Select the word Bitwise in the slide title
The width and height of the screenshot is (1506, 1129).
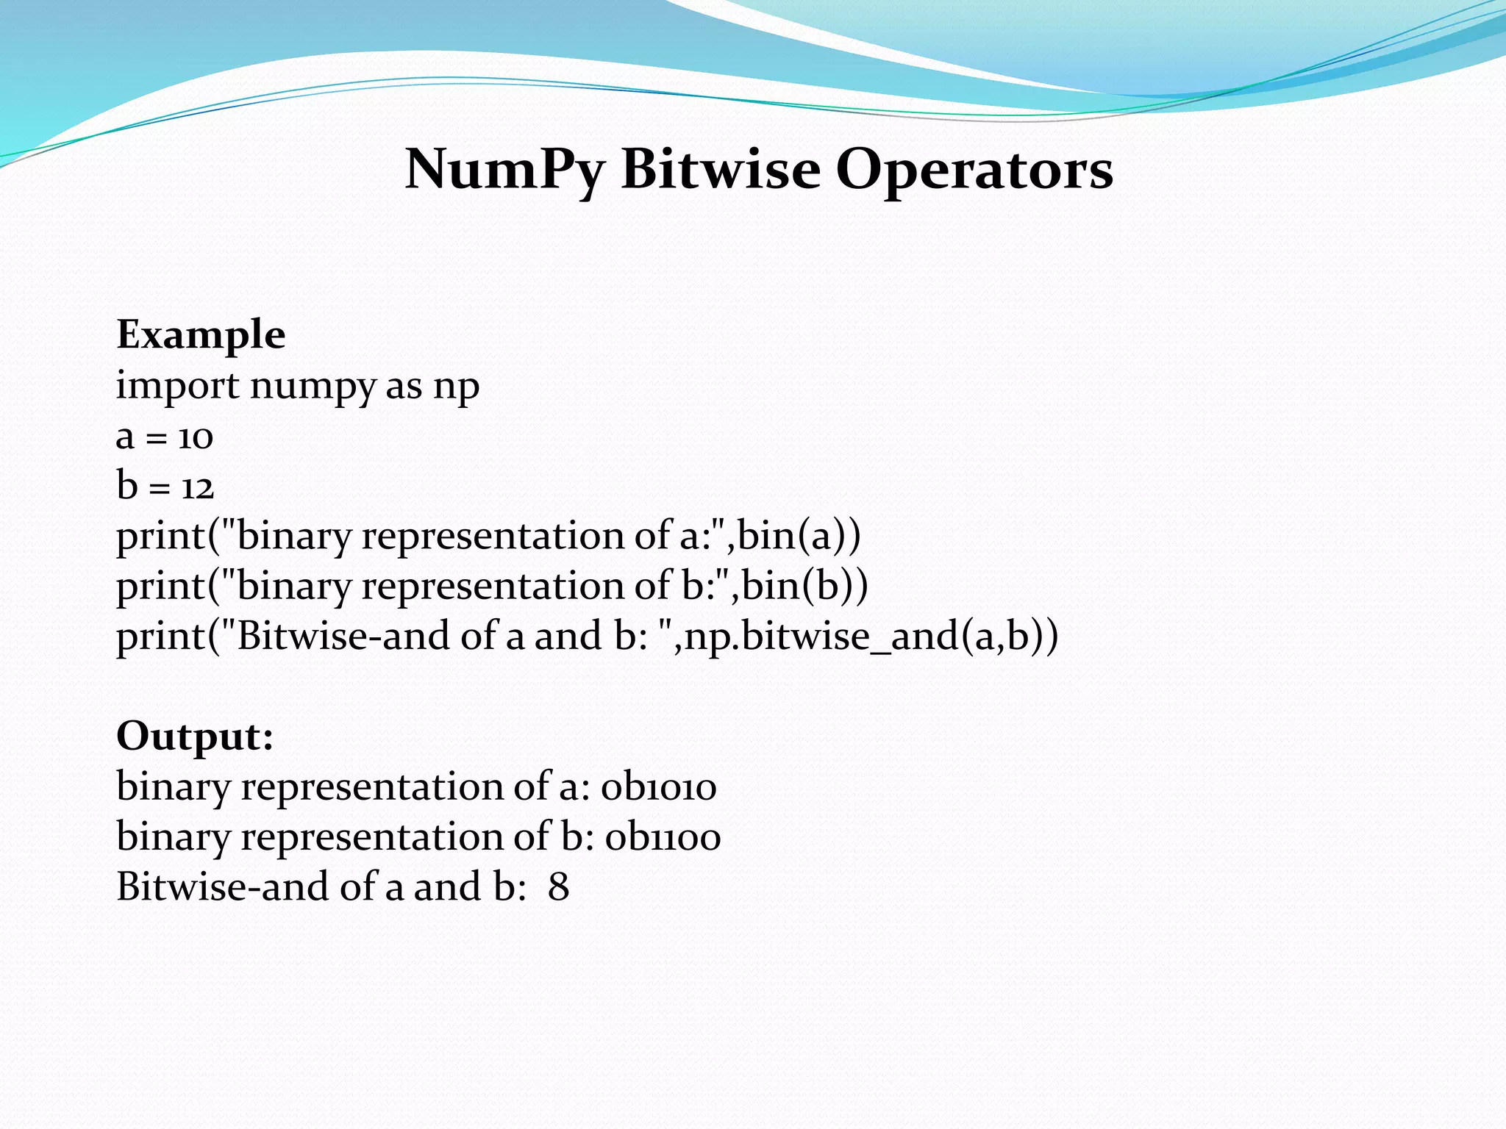click(x=721, y=169)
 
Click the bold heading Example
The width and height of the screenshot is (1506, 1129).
click(x=201, y=335)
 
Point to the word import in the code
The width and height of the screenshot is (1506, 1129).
click(x=178, y=387)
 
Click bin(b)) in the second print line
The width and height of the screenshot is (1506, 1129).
click(x=804, y=586)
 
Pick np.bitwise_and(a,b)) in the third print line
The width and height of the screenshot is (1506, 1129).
click(x=871, y=636)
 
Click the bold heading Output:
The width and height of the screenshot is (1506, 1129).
click(x=195, y=736)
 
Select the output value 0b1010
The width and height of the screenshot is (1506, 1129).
click(x=659, y=787)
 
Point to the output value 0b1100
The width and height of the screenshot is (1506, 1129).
click(x=663, y=837)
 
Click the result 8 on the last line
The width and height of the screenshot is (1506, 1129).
click(x=558, y=887)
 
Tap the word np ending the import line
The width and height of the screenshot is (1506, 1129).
click(x=456, y=387)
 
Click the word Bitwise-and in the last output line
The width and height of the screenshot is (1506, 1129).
click(x=223, y=887)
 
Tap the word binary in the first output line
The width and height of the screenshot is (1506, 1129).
click(x=174, y=787)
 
